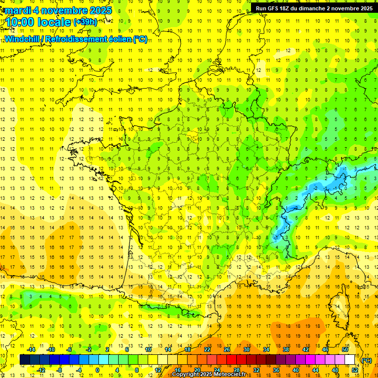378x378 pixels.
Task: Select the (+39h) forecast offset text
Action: pos(85,22)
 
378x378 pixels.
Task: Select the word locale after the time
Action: pos(56,22)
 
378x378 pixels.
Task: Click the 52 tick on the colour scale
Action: pos(354,370)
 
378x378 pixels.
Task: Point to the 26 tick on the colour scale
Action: pos(226,349)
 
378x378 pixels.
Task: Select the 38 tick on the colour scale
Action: pos(285,349)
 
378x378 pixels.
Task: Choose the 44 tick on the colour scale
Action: pos(315,370)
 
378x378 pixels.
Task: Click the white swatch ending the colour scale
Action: pos(350,359)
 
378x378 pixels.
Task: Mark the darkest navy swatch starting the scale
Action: pos(25,359)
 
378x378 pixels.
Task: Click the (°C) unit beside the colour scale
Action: pos(366,360)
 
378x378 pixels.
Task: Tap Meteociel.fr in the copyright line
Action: pos(231,375)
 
